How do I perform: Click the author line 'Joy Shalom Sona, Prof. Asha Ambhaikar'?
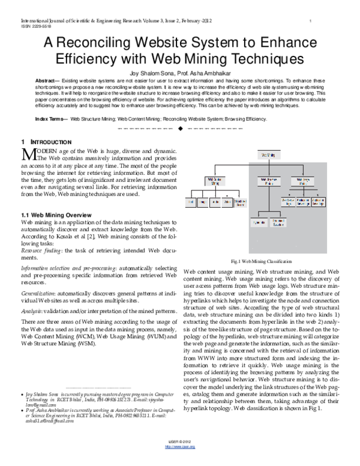[x=179, y=72]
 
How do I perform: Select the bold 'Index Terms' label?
[x=50, y=120]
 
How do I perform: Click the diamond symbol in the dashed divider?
[x=179, y=129]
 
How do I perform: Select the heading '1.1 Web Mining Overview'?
[x=53, y=214]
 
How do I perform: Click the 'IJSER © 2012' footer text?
[x=179, y=455]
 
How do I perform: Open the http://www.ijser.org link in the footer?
[x=179, y=460]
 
